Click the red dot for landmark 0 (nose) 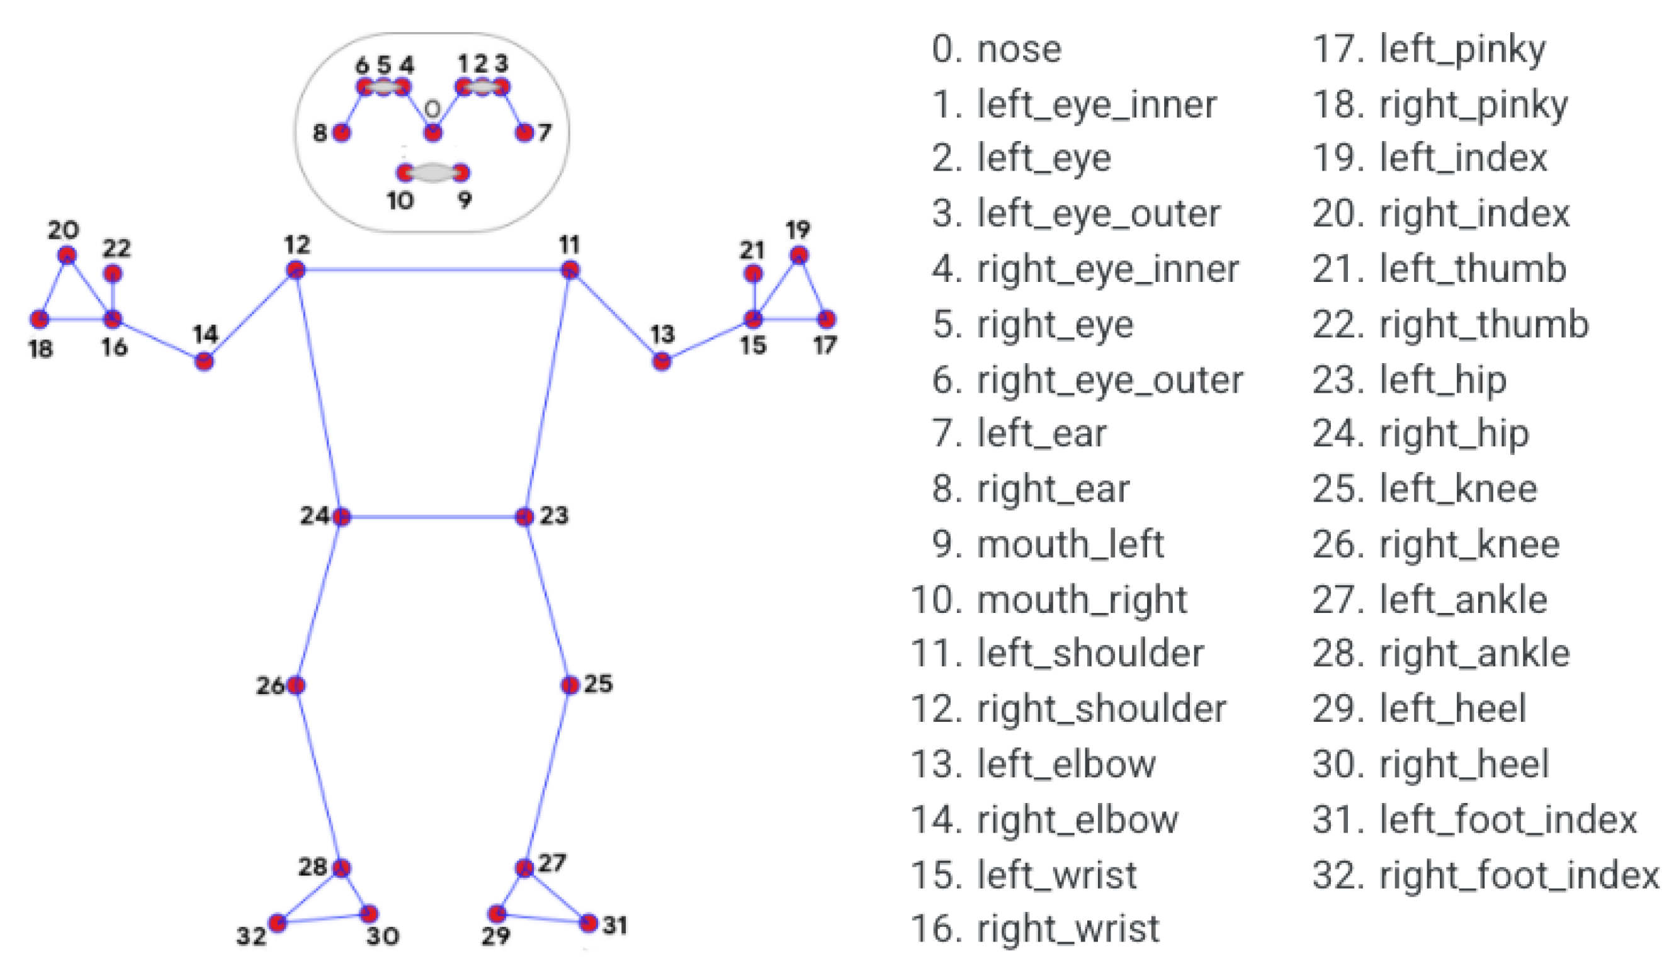coord(433,133)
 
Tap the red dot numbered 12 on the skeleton coord(296,269)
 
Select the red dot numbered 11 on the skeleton coord(570,269)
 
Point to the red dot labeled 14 coord(205,361)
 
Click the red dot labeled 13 coord(662,361)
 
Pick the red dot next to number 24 coord(341,516)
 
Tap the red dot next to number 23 coord(524,516)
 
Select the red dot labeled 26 coord(296,685)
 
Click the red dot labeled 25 coord(570,685)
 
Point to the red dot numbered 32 coord(278,922)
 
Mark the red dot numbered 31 coord(588,922)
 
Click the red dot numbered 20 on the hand coord(67,255)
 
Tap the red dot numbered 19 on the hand coord(799,255)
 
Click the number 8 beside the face coord(320,133)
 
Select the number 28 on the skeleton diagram coord(312,866)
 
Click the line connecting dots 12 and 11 coord(433,269)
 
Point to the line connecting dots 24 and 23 coord(433,516)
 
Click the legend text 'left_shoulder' coord(1090,653)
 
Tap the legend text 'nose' coord(1019,50)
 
